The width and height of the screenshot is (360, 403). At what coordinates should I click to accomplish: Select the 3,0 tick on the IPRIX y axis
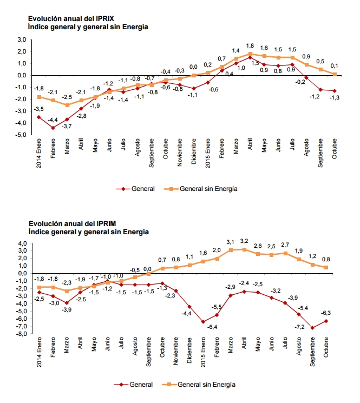click(x=22, y=39)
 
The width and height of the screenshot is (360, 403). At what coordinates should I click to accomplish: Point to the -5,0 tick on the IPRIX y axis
click(x=21, y=134)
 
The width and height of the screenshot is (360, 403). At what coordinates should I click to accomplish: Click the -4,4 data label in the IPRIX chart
click(x=53, y=120)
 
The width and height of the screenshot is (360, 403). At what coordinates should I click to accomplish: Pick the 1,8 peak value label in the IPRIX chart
click(x=250, y=46)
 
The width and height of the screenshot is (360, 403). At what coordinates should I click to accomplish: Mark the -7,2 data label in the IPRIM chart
click(x=299, y=327)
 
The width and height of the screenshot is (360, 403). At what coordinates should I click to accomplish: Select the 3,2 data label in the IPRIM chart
click(x=244, y=241)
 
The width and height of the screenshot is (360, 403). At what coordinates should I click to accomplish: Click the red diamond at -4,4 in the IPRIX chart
click(x=53, y=128)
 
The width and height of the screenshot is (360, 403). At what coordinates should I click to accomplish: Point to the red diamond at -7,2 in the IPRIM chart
click(x=312, y=328)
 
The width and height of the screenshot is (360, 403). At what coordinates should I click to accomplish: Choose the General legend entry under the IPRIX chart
click(x=135, y=189)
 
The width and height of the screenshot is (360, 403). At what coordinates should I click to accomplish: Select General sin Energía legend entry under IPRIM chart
click(x=199, y=385)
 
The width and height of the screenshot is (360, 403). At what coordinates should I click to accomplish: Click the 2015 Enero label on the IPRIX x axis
click(x=208, y=153)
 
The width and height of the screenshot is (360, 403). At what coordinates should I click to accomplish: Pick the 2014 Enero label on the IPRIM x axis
click(x=39, y=352)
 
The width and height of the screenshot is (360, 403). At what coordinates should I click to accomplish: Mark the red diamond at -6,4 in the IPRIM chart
click(x=203, y=322)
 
